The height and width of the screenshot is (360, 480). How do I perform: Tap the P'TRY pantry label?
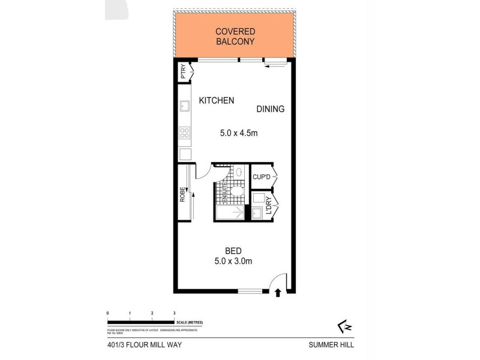(184, 73)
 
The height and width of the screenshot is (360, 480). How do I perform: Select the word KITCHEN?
(217, 101)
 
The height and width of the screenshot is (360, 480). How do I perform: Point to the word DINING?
(270, 109)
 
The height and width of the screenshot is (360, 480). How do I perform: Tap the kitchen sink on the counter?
(184, 108)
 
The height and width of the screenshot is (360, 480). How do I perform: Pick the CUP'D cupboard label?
(262, 176)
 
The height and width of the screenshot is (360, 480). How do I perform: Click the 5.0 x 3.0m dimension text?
(233, 262)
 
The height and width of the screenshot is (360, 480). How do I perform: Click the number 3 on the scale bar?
(174, 313)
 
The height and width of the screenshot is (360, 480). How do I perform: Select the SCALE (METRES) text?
(189, 323)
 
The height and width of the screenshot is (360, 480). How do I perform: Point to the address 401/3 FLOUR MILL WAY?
(140, 344)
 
